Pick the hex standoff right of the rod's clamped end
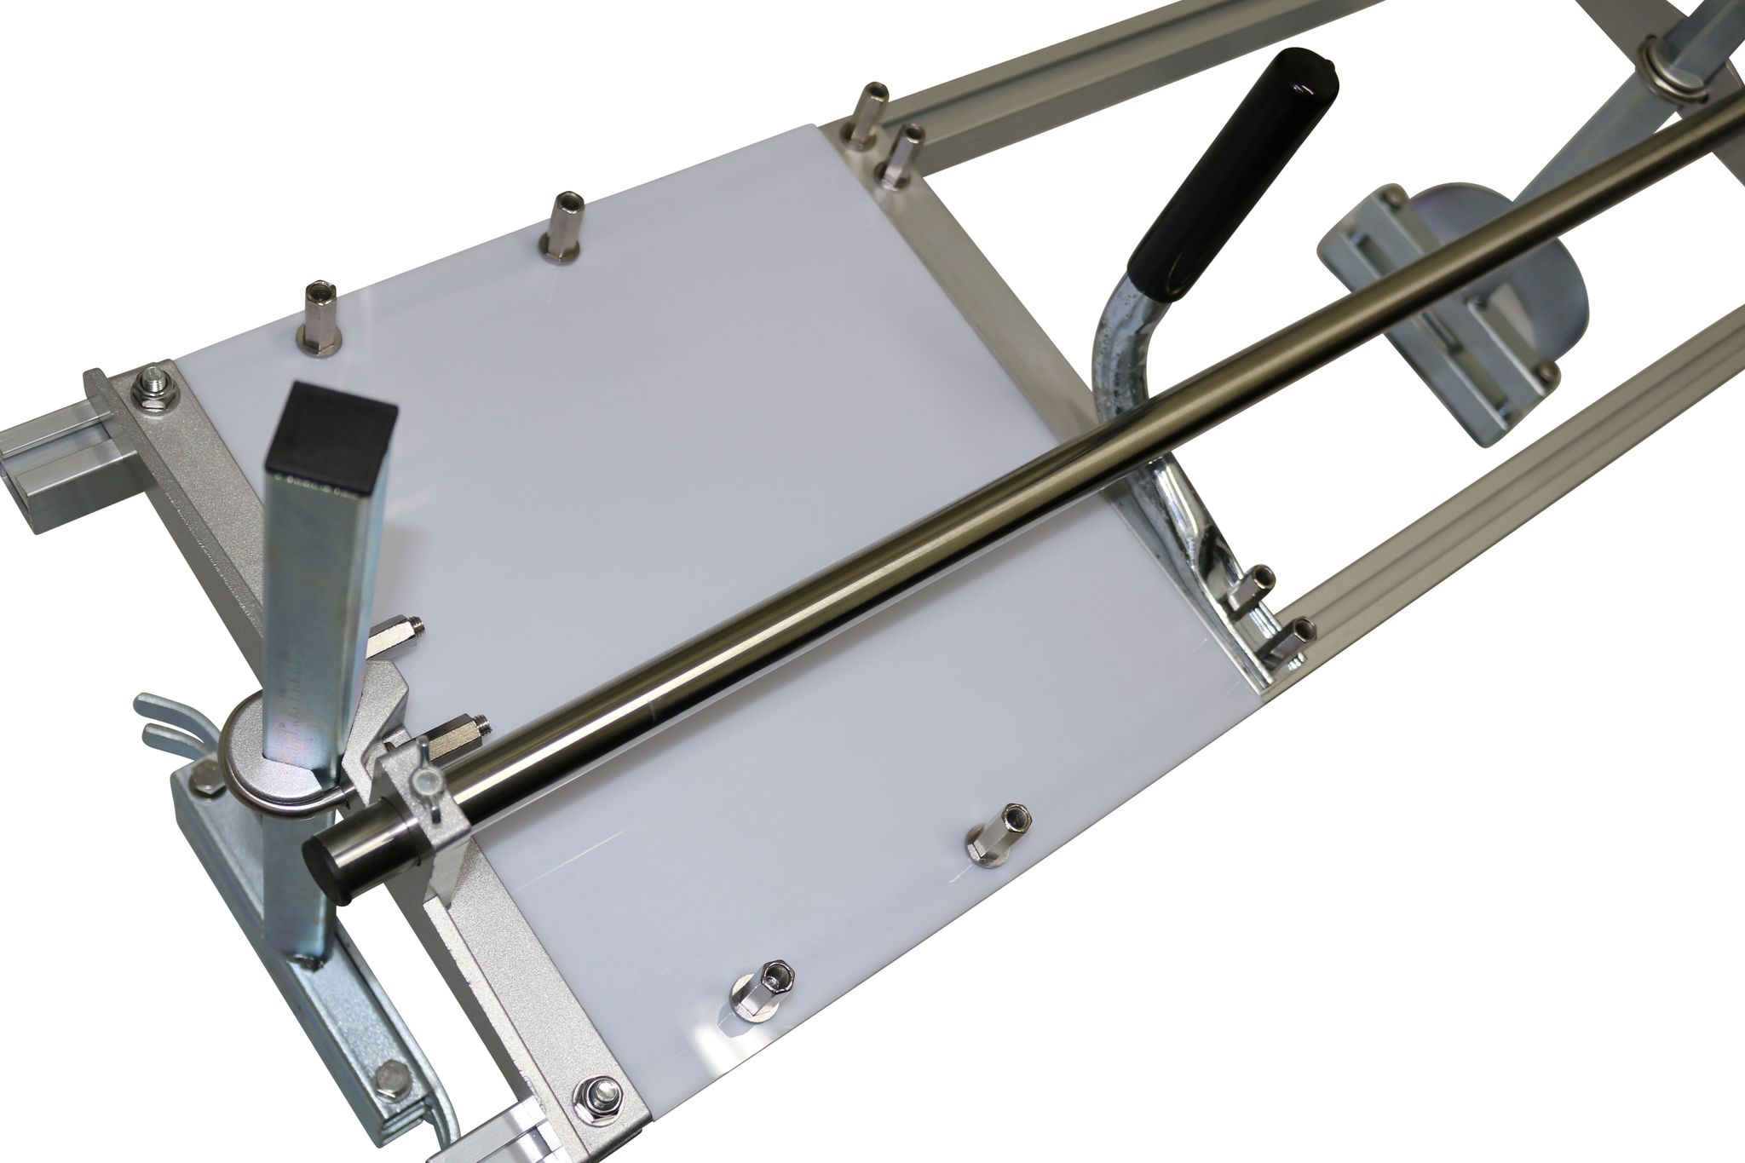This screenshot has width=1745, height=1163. pyautogui.click(x=995, y=839)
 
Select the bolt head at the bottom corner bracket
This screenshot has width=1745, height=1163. pyautogui.click(x=590, y=1091)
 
